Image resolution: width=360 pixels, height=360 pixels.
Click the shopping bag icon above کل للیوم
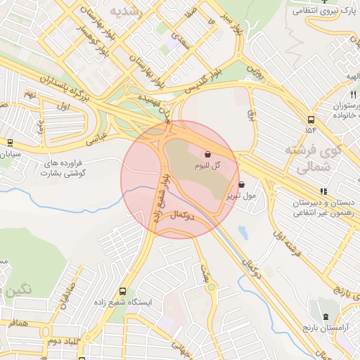click(x=208, y=154)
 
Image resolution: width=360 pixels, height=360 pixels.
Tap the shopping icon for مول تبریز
click(x=243, y=185)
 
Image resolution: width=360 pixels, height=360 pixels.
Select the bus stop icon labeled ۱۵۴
click(x=311, y=120)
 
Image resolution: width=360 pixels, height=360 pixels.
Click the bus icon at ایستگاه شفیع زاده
click(x=123, y=290)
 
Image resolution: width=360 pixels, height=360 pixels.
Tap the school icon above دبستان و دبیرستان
click(x=323, y=191)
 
